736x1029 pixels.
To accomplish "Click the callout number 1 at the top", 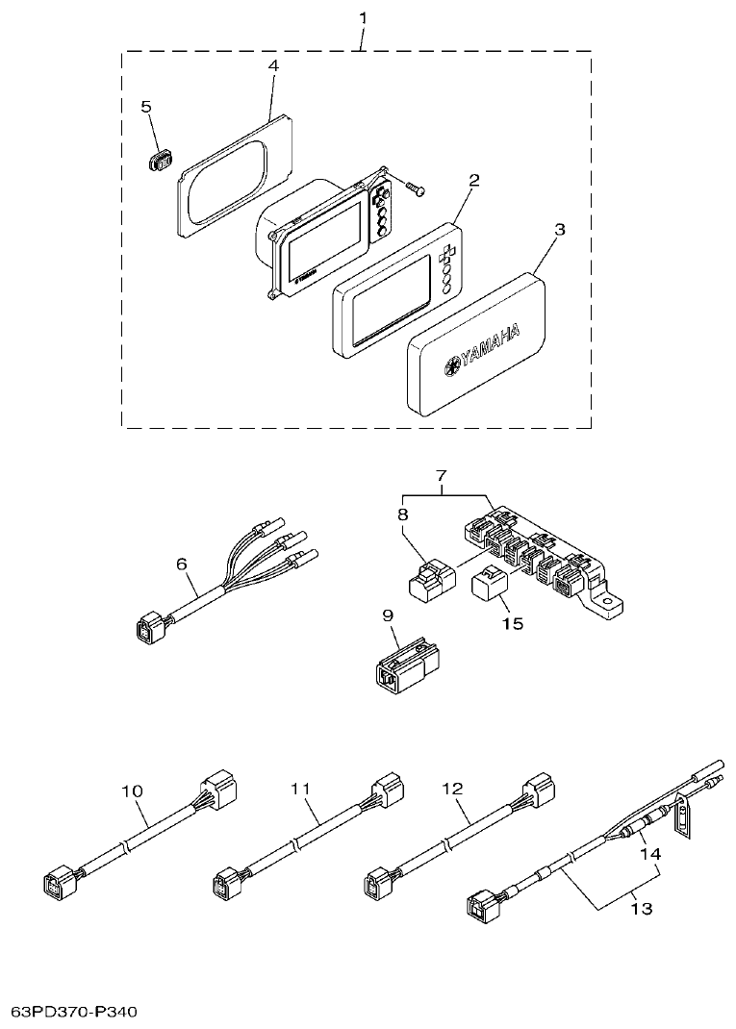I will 362,17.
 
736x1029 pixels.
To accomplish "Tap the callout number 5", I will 147,107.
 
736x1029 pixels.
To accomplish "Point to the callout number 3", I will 560,230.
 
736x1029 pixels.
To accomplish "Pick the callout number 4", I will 273,65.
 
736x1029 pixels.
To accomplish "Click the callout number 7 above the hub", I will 442,476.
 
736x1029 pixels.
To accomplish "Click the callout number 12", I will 453,788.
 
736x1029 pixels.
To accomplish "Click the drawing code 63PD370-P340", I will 76,1013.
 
